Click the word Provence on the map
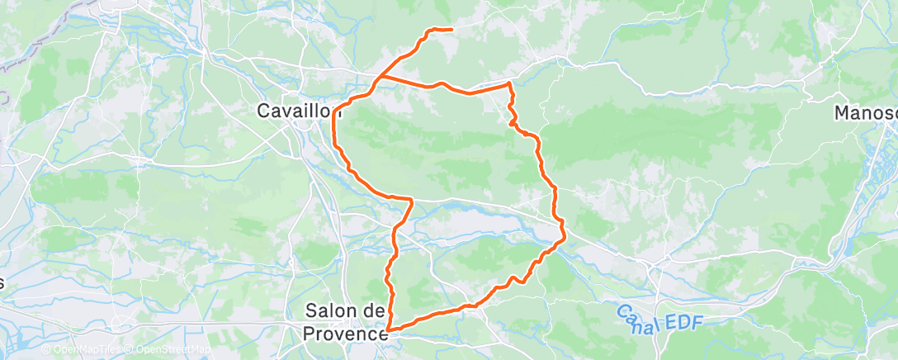point(345,334)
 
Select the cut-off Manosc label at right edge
point(867,111)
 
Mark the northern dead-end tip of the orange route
point(452,30)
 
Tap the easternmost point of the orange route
point(565,239)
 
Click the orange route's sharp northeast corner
point(509,83)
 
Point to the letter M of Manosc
point(843,111)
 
